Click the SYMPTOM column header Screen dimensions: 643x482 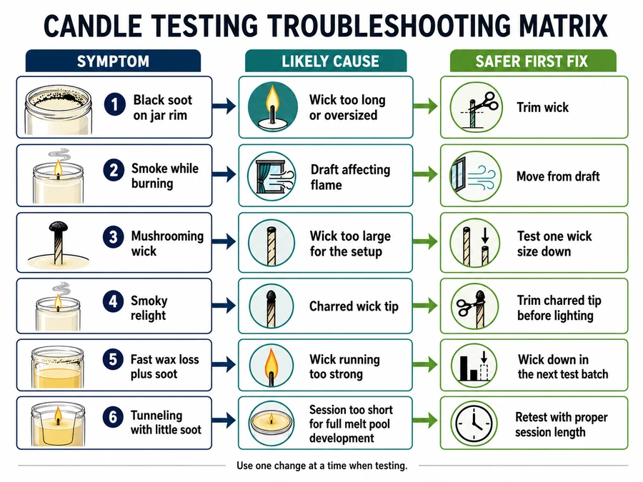[x=113, y=61]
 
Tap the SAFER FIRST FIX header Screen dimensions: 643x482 [x=533, y=61]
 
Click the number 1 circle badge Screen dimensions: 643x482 [x=115, y=104]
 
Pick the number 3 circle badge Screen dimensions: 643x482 [x=114, y=237]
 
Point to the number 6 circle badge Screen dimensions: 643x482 [x=113, y=417]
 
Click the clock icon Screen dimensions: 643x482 [x=474, y=423]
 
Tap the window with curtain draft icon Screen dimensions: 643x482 [x=272, y=176]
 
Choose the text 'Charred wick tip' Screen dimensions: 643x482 [x=354, y=306]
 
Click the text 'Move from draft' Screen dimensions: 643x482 [x=558, y=176]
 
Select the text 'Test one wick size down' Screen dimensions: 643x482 [x=554, y=243]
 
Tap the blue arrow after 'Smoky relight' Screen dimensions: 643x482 [x=224, y=306]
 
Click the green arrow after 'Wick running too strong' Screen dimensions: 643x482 [x=425, y=364]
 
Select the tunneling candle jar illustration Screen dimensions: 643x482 [x=59, y=423]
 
